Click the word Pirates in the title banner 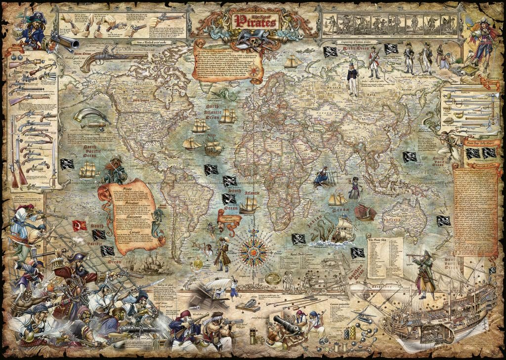(x=255, y=22)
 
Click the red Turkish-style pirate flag (x=80, y=226)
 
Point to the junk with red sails (x=365, y=212)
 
